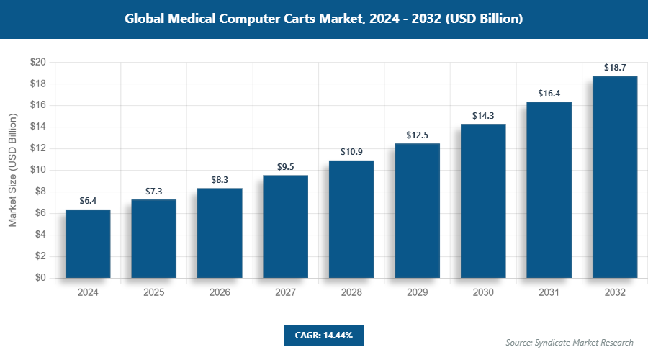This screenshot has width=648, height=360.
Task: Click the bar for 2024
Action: (88, 243)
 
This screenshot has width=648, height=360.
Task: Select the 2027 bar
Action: (285, 226)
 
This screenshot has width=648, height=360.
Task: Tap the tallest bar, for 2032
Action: (614, 176)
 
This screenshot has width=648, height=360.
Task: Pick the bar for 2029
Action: (417, 210)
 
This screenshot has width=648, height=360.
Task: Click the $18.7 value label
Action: (614, 68)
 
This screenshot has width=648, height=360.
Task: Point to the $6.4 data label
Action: (88, 201)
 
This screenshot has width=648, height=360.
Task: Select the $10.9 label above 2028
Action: (351, 152)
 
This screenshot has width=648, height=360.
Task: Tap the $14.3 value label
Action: (483, 115)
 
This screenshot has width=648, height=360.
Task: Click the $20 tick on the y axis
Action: (38, 63)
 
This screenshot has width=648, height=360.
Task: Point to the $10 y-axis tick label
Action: (38, 170)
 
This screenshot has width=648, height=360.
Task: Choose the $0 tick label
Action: (41, 278)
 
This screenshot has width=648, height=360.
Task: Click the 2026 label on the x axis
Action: (220, 293)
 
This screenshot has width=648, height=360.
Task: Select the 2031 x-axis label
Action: (549, 293)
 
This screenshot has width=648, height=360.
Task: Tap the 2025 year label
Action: (153, 293)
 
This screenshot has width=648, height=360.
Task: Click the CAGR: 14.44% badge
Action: (323, 335)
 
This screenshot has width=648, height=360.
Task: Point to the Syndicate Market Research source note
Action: (570, 342)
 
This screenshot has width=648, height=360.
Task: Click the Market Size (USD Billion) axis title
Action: (12, 170)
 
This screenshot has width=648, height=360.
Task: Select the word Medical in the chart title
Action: (203, 19)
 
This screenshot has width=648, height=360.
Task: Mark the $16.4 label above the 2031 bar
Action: (549, 93)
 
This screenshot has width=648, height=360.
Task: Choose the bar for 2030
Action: (483, 201)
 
